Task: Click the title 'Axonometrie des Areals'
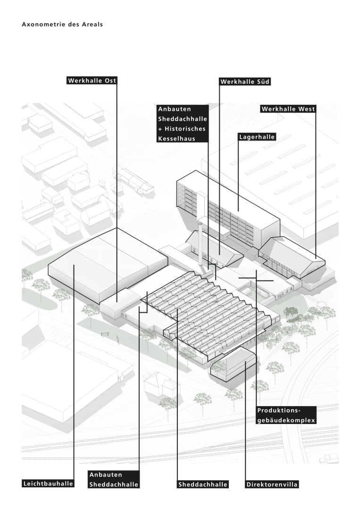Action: click(62, 24)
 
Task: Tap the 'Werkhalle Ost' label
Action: click(92, 81)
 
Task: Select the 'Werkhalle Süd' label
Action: click(245, 82)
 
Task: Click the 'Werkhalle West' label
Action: click(288, 109)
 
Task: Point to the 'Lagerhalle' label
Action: click(257, 137)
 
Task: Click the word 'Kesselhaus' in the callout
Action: click(176, 139)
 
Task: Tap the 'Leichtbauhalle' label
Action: click(48, 484)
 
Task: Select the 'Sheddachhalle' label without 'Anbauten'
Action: click(203, 484)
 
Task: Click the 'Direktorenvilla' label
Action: click(272, 484)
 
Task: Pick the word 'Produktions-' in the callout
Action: click(278, 410)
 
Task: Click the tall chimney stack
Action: click(202, 246)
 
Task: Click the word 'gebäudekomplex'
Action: click(285, 420)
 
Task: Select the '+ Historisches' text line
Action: click(182, 129)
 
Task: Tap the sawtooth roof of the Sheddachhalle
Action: click(212, 307)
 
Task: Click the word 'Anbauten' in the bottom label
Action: click(106, 475)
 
